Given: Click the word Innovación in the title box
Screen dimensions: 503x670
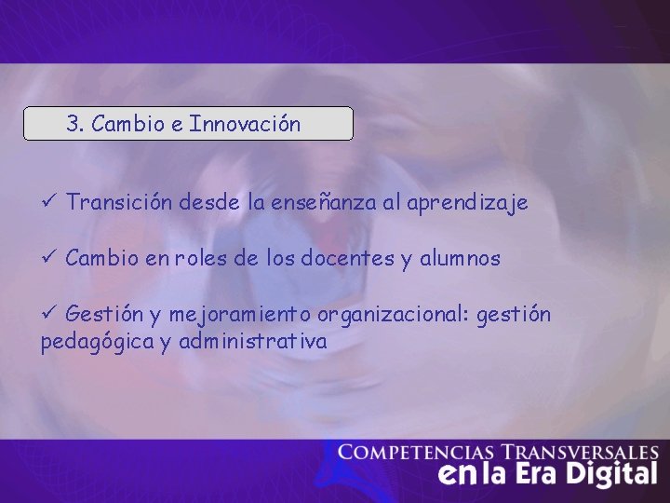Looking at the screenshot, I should tap(245, 124).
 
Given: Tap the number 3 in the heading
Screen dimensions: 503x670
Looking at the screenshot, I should tap(73, 124).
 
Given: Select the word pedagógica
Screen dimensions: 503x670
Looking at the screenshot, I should tap(97, 343).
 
